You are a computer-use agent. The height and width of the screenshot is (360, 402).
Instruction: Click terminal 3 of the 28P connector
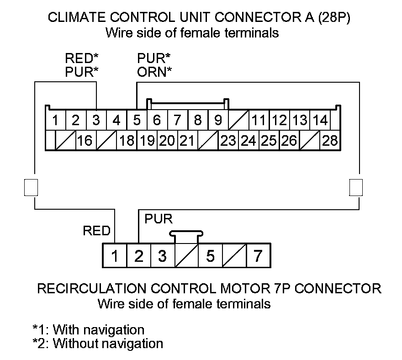96,121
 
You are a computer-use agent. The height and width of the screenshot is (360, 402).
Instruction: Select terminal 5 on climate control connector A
137,121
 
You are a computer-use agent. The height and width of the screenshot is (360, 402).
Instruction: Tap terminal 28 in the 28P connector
329,140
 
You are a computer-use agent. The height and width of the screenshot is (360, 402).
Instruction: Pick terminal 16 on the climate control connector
85,140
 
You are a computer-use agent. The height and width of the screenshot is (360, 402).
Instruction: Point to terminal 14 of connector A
321,121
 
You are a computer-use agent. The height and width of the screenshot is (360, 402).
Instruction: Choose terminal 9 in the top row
218,121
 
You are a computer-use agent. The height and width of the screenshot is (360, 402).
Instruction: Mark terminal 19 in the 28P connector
147,140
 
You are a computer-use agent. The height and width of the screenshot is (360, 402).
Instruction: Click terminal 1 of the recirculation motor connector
114,256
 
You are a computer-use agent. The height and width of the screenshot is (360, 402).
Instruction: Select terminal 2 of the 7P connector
138,256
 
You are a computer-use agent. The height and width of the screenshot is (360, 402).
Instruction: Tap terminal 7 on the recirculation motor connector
258,256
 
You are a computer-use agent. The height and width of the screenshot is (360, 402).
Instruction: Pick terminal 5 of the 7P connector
210,256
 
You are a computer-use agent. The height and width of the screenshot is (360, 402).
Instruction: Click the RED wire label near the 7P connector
96,231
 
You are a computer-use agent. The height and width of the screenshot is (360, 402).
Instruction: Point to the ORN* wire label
154,72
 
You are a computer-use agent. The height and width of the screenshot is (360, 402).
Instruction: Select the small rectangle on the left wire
30,187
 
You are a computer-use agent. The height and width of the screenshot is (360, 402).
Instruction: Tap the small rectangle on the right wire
355,187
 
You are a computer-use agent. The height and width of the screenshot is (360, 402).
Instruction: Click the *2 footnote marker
40,344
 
